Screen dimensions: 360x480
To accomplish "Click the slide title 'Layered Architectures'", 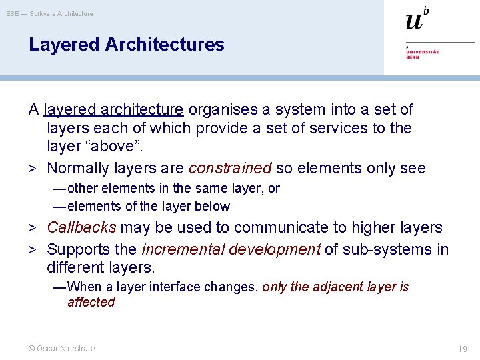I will (x=127, y=45).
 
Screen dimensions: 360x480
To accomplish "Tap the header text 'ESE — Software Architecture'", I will (x=50, y=13).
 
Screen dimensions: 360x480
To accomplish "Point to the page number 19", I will (x=463, y=349).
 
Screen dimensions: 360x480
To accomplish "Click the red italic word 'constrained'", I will (x=230, y=168).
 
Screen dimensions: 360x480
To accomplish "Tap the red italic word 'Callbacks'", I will (x=81, y=227).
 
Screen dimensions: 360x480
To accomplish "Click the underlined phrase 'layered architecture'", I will (x=113, y=109).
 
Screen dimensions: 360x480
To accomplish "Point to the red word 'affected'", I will (x=91, y=302).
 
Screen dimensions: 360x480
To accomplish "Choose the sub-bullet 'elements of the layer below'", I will (x=148, y=207).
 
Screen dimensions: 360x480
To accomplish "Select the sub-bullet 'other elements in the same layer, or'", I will (x=173, y=189).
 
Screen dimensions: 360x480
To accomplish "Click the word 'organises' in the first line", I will (x=219, y=109).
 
